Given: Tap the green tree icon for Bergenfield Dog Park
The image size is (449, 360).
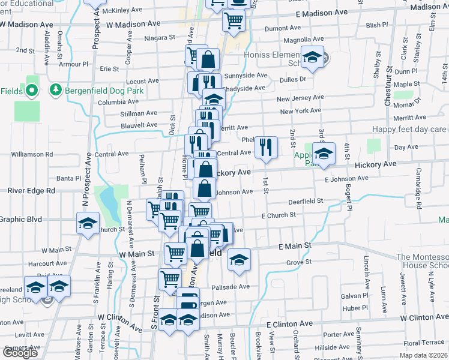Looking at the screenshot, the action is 56,90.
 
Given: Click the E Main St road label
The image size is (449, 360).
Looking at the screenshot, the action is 294,246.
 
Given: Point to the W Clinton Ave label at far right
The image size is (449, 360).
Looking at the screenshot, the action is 424,317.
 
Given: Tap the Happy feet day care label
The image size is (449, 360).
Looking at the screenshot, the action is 409,129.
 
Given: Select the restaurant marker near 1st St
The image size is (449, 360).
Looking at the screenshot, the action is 265,147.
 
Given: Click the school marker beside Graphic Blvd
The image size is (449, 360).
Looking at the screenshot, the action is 88,224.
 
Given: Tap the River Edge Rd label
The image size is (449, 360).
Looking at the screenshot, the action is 31,191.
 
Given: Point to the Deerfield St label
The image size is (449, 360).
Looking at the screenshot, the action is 305,202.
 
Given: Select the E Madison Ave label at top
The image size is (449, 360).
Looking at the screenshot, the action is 322,13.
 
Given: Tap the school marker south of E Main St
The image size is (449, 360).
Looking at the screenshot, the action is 239,259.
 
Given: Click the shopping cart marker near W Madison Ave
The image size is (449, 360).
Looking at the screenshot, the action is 233,20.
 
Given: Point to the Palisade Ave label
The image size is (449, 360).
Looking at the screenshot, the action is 231,287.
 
